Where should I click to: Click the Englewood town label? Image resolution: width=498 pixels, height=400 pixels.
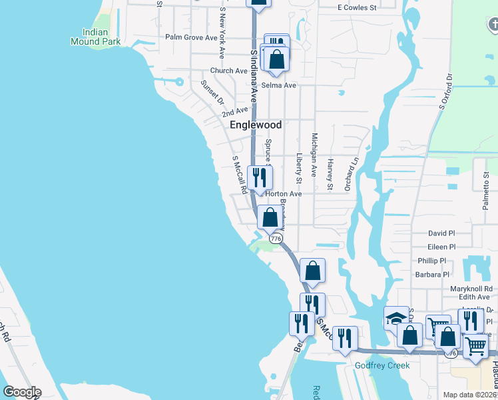256,125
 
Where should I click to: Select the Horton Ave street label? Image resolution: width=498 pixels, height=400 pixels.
284,194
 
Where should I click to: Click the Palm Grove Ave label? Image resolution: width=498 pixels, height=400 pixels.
191,37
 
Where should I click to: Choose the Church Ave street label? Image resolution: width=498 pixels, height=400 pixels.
228,71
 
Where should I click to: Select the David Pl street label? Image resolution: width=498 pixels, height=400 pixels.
441,233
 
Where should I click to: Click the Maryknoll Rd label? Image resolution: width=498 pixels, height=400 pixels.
470,288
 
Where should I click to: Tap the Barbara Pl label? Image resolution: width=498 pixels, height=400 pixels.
433,274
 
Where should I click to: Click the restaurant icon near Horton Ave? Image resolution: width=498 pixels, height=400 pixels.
260,178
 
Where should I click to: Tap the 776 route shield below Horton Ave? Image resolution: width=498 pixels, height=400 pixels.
274,238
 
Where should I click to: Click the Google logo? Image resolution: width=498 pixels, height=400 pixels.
21,392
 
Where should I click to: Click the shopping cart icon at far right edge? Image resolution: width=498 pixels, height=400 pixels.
475,346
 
